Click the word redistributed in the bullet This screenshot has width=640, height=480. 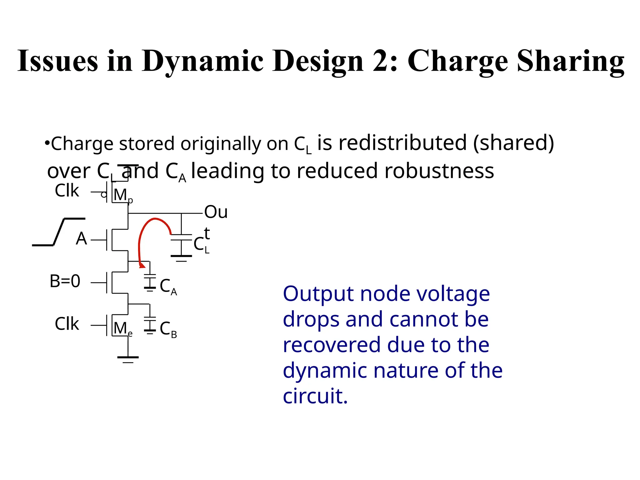[x=403, y=143]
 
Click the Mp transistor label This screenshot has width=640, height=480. [x=122, y=195]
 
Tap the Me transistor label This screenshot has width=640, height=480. [x=122, y=329]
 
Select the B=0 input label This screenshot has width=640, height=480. [x=65, y=281]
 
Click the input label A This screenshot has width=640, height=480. [x=81, y=239]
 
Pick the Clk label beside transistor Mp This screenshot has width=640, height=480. [x=67, y=191]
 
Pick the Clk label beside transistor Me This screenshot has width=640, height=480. [x=67, y=324]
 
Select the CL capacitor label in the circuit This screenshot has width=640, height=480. [x=201, y=245]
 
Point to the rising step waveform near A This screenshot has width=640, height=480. [x=59, y=232]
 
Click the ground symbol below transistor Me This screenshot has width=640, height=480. [x=128, y=358]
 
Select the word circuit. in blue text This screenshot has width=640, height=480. [x=315, y=396]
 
